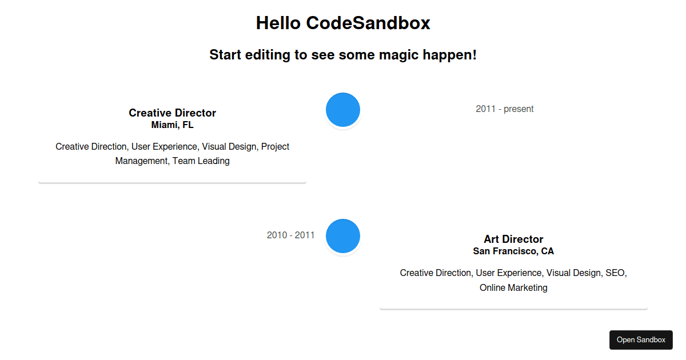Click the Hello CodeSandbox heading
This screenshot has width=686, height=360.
343,23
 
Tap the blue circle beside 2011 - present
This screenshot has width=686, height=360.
342,110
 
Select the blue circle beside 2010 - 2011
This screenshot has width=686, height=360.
342,236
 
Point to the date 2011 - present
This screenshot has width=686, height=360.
504,109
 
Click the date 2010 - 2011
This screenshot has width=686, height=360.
290,235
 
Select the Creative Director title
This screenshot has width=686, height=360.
172,113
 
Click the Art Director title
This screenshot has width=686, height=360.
513,239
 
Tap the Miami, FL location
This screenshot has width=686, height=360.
172,125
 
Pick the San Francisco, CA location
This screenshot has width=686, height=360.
513,251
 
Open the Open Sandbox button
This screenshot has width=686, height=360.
641,340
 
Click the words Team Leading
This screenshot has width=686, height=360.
201,161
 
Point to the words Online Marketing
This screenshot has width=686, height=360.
513,288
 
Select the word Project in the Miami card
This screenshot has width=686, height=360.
275,147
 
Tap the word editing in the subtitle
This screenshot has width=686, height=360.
268,55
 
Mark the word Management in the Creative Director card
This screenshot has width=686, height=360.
142,161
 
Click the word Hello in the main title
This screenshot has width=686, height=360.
278,23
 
